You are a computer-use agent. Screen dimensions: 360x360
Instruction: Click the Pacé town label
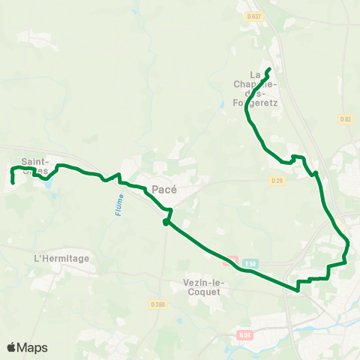click(163, 190)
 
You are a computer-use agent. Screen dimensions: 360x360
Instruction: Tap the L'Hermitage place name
click(61, 258)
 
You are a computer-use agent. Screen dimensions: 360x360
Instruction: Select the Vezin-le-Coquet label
click(202, 287)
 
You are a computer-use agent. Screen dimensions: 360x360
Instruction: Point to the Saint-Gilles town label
click(34, 166)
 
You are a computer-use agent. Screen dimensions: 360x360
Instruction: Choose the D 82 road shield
click(345, 119)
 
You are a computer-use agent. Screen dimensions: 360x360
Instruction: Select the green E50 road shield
click(250, 264)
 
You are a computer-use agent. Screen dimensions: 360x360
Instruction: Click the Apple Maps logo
click(27, 348)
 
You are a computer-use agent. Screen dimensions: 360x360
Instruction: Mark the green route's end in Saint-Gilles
click(13, 182)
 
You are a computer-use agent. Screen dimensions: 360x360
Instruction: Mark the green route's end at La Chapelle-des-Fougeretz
click(268, 70)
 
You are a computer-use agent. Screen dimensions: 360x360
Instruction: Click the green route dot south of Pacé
click(166, 222)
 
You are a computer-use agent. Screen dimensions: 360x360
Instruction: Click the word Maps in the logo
click(33, 348)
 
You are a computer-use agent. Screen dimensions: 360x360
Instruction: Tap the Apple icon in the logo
click(11, 347)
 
